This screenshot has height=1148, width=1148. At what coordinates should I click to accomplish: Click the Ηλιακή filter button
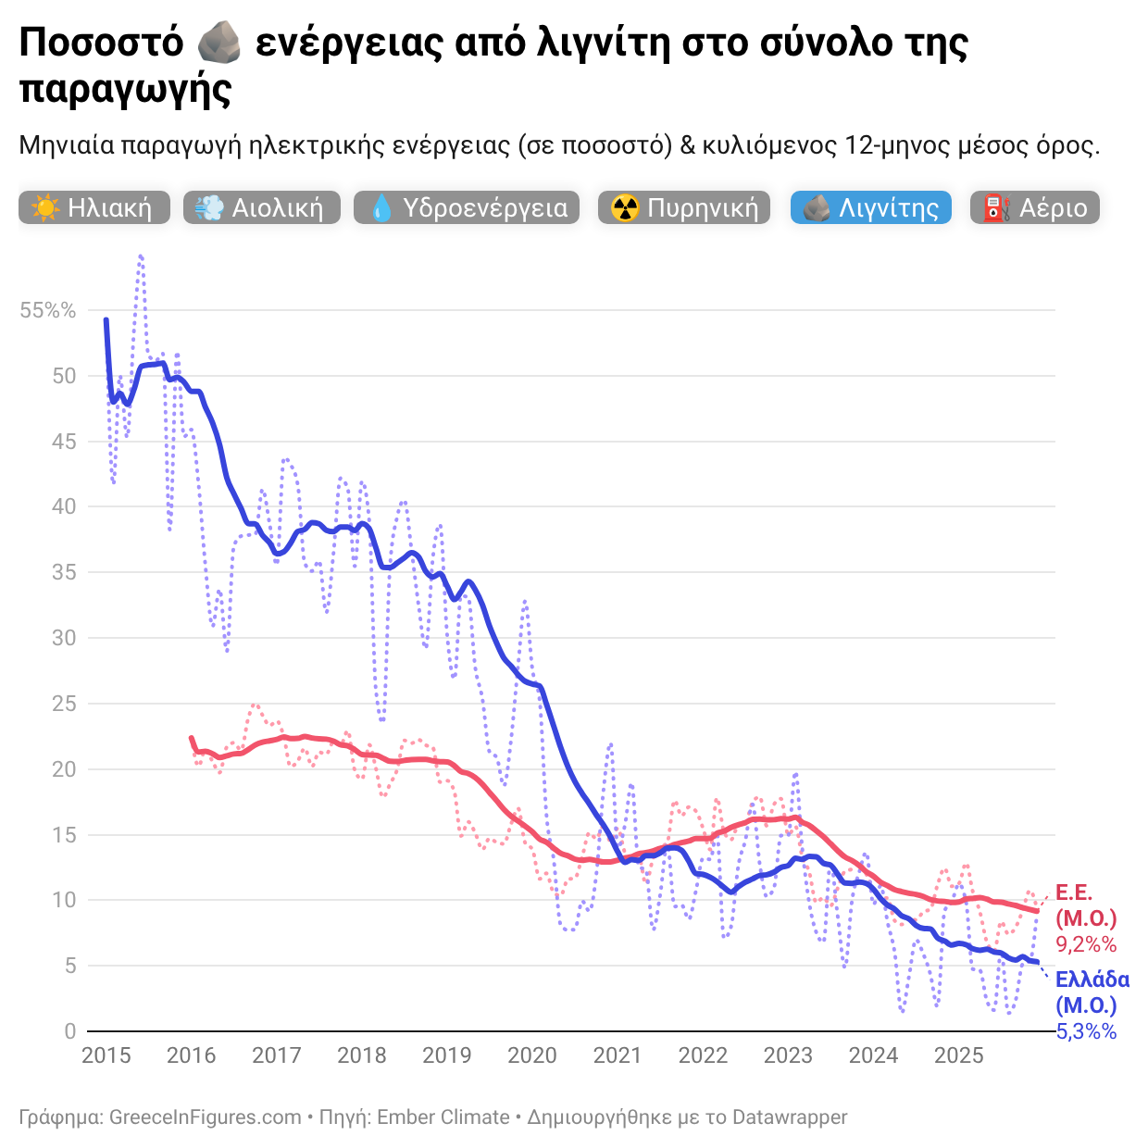[94, 207]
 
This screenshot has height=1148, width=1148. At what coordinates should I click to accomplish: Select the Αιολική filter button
[262, 207]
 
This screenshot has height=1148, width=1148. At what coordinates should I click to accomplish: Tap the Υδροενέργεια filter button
[467, 207]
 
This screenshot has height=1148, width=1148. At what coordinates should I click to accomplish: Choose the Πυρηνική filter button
[684, 207]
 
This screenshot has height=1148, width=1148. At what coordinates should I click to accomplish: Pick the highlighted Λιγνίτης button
[870, 207]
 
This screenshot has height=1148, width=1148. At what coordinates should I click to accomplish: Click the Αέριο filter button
[1035, 207]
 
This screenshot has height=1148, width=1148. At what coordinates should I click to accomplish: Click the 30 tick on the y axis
[64, 638]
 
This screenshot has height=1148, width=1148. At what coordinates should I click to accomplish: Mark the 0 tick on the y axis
[70, 1031]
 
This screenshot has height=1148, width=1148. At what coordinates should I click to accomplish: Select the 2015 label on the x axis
[106, 1055]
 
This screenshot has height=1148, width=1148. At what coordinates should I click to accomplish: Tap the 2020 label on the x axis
[532, 1055]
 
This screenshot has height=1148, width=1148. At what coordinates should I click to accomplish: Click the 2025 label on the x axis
[958, 1055]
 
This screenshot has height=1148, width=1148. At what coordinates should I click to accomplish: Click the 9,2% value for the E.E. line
[1086, 944]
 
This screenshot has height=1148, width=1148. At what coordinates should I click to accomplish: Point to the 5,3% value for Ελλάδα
[1086, 1031]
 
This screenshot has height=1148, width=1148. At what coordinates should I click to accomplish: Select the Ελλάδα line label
[1092, 980]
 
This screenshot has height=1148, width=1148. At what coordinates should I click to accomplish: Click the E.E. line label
[1074, 893]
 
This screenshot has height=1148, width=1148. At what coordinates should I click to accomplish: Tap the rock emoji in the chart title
[219, 44]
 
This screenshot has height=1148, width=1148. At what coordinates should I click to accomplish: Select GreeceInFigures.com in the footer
[206, 1117]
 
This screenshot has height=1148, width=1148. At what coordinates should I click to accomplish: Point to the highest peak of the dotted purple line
[141, 256]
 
